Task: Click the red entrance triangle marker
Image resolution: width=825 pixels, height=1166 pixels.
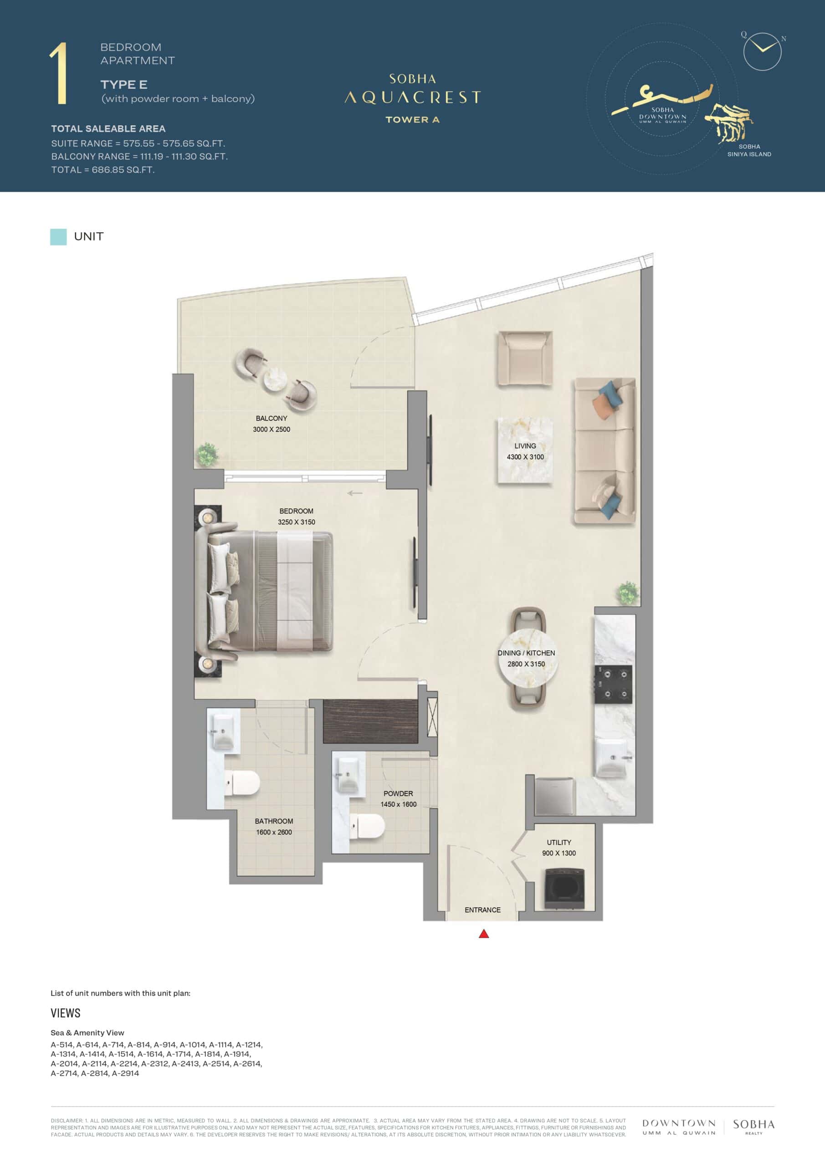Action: [484, 933]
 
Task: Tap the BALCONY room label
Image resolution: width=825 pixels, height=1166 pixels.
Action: [271, 419]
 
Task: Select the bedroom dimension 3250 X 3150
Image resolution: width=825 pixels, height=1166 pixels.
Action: [296, 522]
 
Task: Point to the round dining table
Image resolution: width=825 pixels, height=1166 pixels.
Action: [528, 658]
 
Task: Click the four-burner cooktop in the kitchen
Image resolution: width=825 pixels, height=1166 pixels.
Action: [614, 685]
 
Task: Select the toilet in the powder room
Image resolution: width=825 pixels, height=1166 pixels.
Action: [367, 827]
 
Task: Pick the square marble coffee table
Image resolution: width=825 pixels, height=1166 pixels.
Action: [525, 450]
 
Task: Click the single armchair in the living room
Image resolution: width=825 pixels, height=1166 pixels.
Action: [525, 358]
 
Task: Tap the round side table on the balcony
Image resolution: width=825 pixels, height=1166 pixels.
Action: [275, 379]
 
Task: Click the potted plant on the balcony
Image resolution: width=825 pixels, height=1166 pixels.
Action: [207, 454]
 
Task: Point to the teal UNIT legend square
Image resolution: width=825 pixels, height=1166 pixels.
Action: [58, 237]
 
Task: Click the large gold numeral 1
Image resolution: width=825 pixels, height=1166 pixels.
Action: [59, 74]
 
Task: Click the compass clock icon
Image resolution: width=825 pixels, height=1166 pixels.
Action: [762, 51]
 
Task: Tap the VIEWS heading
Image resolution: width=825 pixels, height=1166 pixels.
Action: [66, 1013]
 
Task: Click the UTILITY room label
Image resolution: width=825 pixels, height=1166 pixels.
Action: [559, 843]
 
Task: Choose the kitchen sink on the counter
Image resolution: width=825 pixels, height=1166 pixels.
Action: [615, 758]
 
